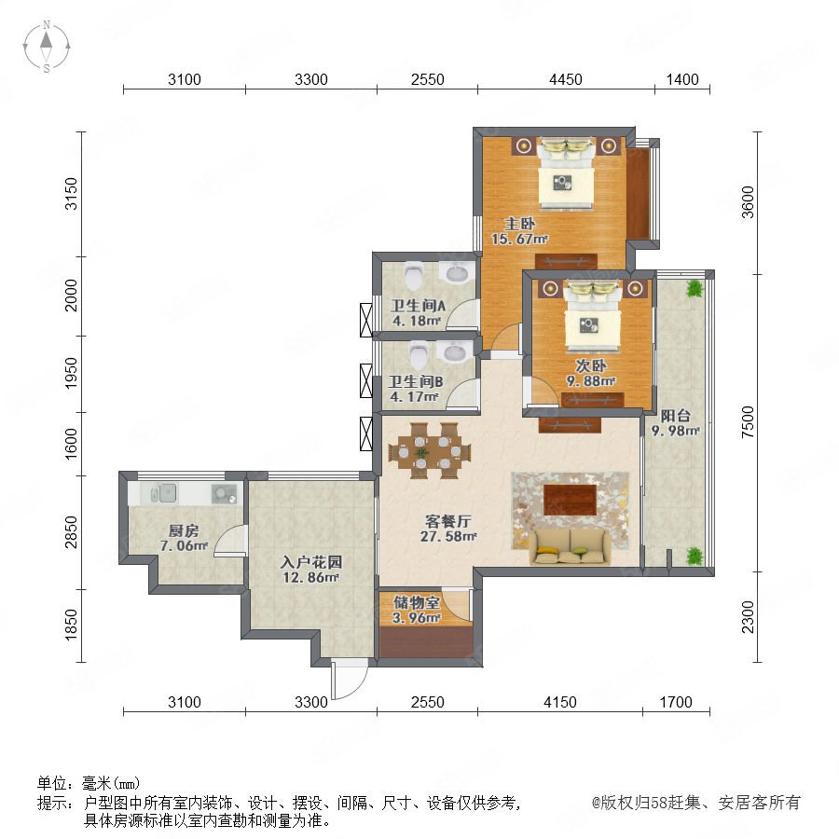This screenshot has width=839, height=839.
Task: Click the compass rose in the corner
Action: (47, 47)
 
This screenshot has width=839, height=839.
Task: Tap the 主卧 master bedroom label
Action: (519, 223)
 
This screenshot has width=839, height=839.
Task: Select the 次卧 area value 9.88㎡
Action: (591, 381)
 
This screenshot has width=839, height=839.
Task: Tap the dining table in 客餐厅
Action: (430, 451)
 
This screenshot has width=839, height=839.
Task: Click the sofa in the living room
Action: (570, 547)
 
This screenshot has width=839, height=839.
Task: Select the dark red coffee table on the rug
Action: (571, 500)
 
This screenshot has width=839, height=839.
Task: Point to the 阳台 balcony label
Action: (675, 416)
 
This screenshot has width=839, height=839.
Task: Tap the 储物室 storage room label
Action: (417, 602)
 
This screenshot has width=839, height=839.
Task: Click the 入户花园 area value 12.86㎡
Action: (310, 577)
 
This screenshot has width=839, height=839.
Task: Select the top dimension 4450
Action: (566, 80)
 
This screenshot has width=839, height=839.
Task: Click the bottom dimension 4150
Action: (559, 702)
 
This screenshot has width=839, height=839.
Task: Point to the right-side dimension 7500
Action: (748, 422)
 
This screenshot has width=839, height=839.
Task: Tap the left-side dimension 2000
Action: (71, 296)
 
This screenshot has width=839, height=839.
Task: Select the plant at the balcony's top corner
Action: (695, 290)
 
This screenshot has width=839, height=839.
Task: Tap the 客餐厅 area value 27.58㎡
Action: (448, 536)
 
